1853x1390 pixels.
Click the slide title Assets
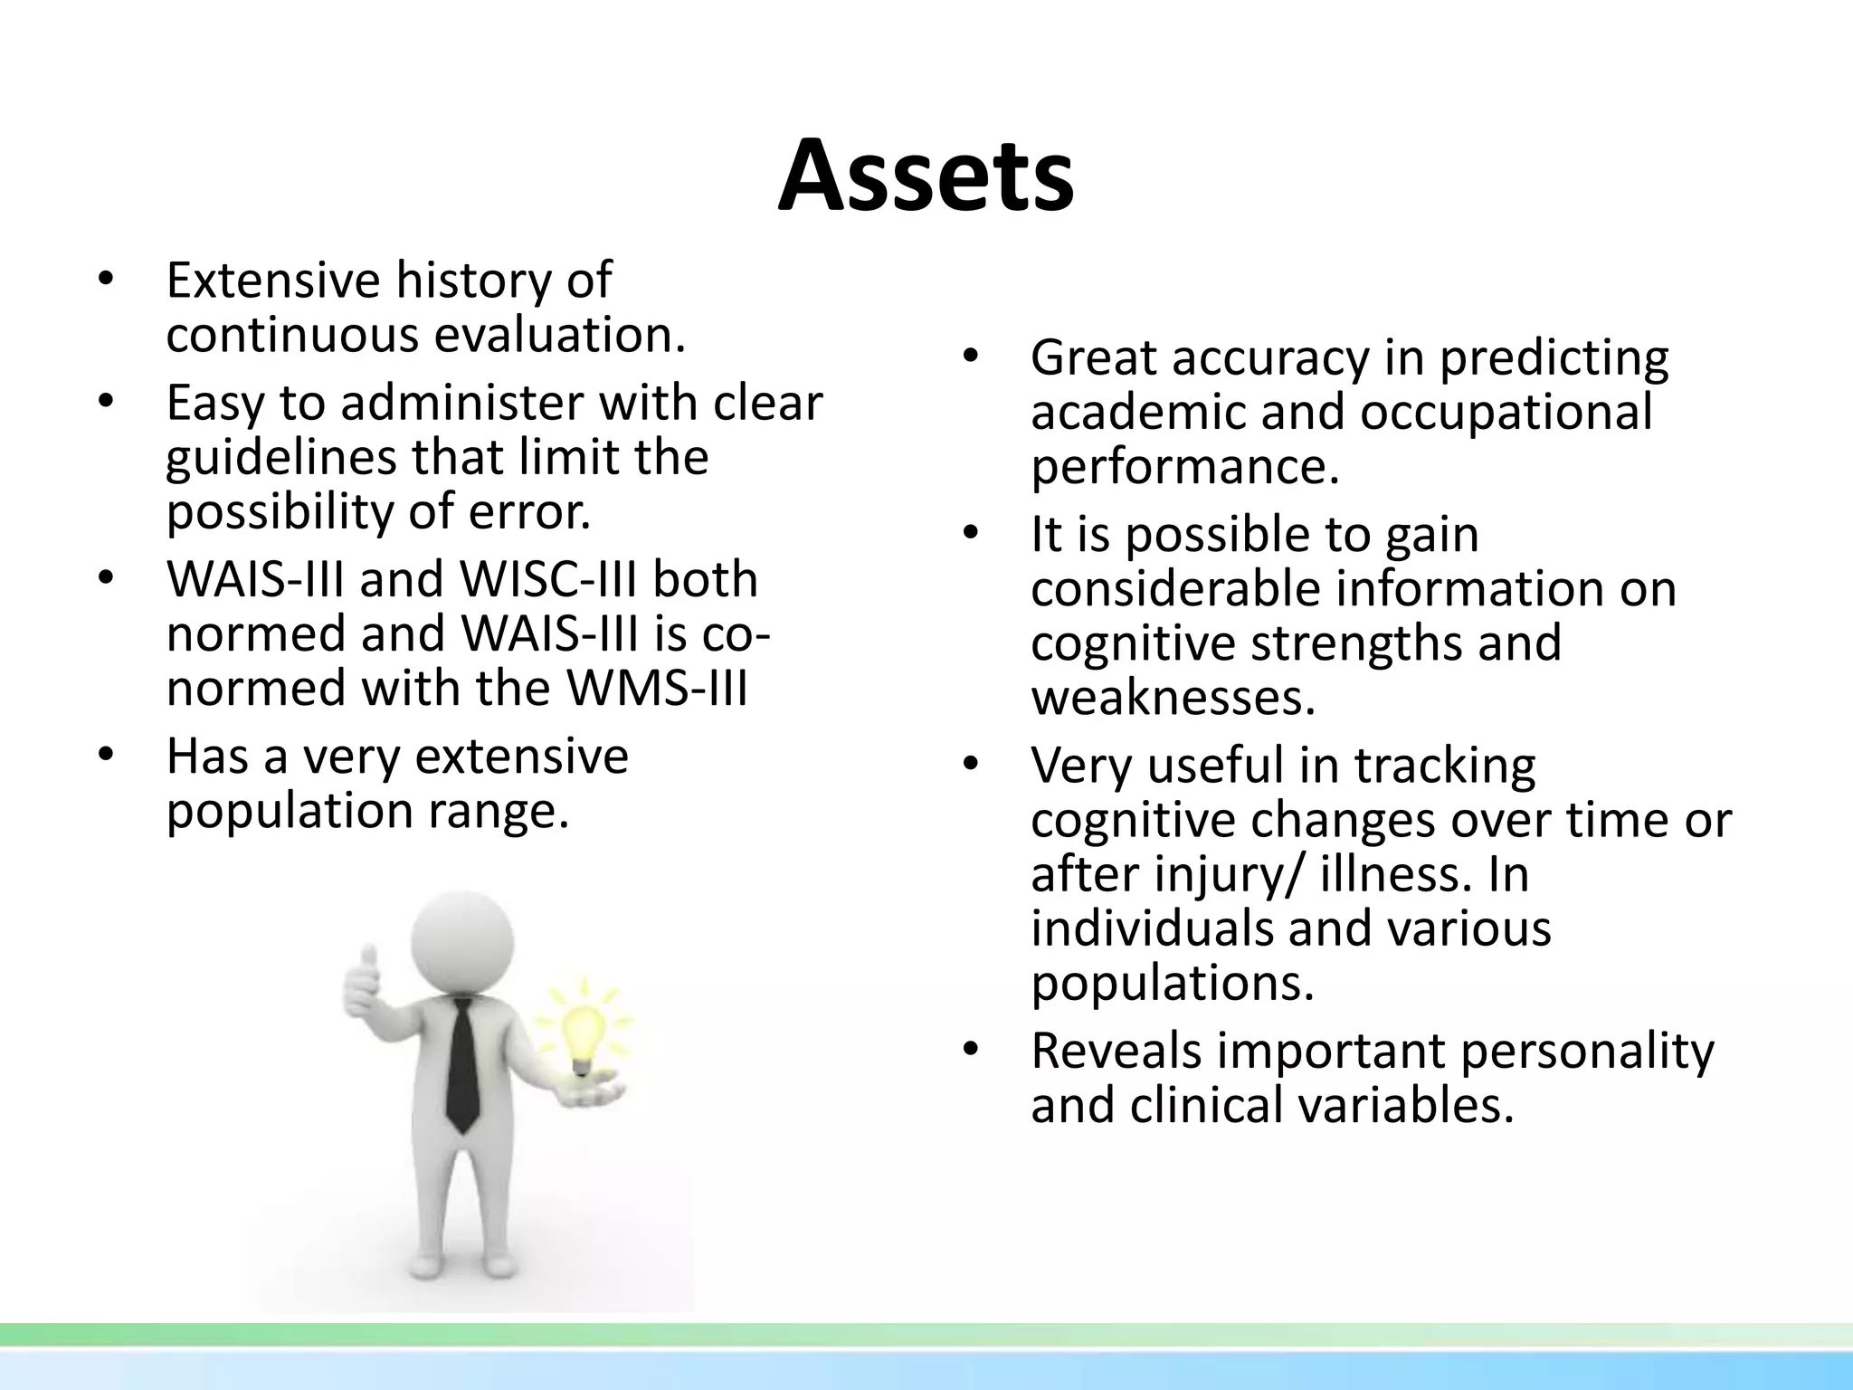point(926,176)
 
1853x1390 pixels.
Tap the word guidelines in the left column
point(280,458)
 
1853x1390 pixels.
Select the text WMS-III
point(657,689)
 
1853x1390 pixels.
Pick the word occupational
point(1506,413)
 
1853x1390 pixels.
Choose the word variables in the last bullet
point(1399,1106)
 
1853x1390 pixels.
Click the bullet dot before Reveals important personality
point(971,1050)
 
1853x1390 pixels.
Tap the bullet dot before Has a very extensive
point(106,756)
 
